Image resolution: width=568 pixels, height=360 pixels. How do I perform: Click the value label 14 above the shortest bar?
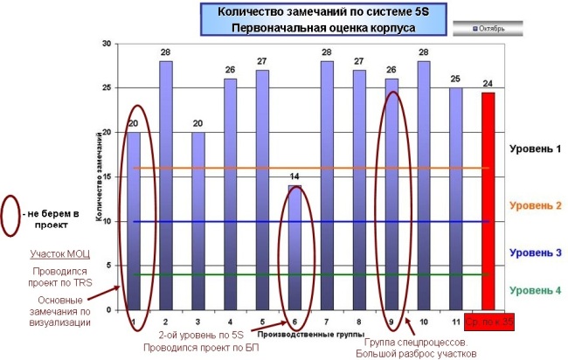[295, 177]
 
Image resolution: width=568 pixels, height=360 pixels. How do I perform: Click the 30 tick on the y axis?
[106, 44]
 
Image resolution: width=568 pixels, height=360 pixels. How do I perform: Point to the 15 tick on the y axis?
[106, 177]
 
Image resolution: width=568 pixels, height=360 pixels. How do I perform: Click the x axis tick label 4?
[231, 322]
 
